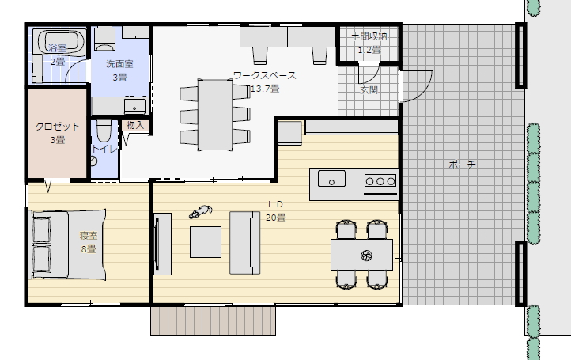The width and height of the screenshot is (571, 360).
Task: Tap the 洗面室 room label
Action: (x=119, y=64)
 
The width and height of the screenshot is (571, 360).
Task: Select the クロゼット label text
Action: (x=57, y=127)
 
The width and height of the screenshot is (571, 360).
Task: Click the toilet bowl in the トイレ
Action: (x=104, y=131)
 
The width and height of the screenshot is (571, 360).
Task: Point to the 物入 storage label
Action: (x=135, y=125)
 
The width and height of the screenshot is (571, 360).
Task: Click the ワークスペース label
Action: (x=265, y=75)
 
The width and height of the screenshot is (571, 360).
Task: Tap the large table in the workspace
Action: (x=215, y=115)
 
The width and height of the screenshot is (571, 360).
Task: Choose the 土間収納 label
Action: (x=369, y=36)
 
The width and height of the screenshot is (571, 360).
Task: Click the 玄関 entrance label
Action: (x=369, y=89)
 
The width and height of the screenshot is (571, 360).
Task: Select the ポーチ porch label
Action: (x=462, y=165)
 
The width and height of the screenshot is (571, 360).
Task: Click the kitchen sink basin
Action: (x=331, y=179)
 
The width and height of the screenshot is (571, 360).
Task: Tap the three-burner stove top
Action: (x=380, y=180)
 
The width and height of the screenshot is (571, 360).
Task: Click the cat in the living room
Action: (x=201, y=212)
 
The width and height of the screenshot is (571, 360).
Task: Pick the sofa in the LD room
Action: (x=244, y=243)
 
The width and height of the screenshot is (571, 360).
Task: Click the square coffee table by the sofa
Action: (x=206, y=242)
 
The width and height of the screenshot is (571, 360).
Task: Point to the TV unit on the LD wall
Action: (x=162, y=244)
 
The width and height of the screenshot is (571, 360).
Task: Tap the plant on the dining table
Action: (x=366, y=256)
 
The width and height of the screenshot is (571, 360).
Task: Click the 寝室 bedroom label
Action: (x=89, y=236)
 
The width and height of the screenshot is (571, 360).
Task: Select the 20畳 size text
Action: (x=276, y=218)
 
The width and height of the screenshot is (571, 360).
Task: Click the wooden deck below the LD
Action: (x=213, y=320)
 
